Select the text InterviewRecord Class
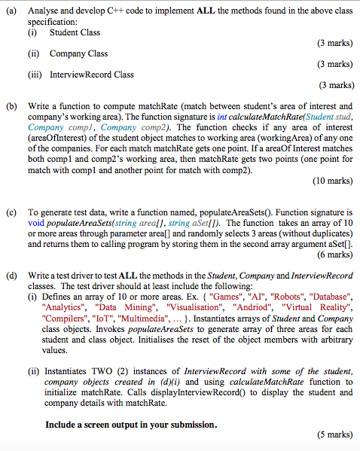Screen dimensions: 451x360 (92, 75)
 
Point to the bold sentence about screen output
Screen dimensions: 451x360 (130, 424)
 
